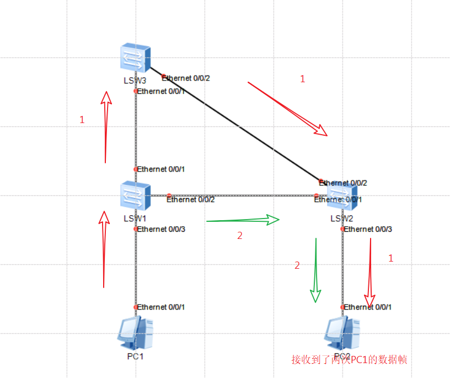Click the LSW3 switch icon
(136, 58)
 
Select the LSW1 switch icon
(136, 196)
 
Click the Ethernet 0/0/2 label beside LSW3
(185, 78)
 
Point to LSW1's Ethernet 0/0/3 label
(160, 229)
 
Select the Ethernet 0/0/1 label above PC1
(160, 307)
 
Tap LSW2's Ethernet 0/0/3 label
(367, 229)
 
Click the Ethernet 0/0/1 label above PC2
(367, 307)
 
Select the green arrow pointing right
(243, 220)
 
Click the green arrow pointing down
(315, 270)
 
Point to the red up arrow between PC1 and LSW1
(104, 248)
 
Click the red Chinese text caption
(349, 360)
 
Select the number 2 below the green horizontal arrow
(239, 236)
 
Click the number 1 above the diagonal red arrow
(302, 79)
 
